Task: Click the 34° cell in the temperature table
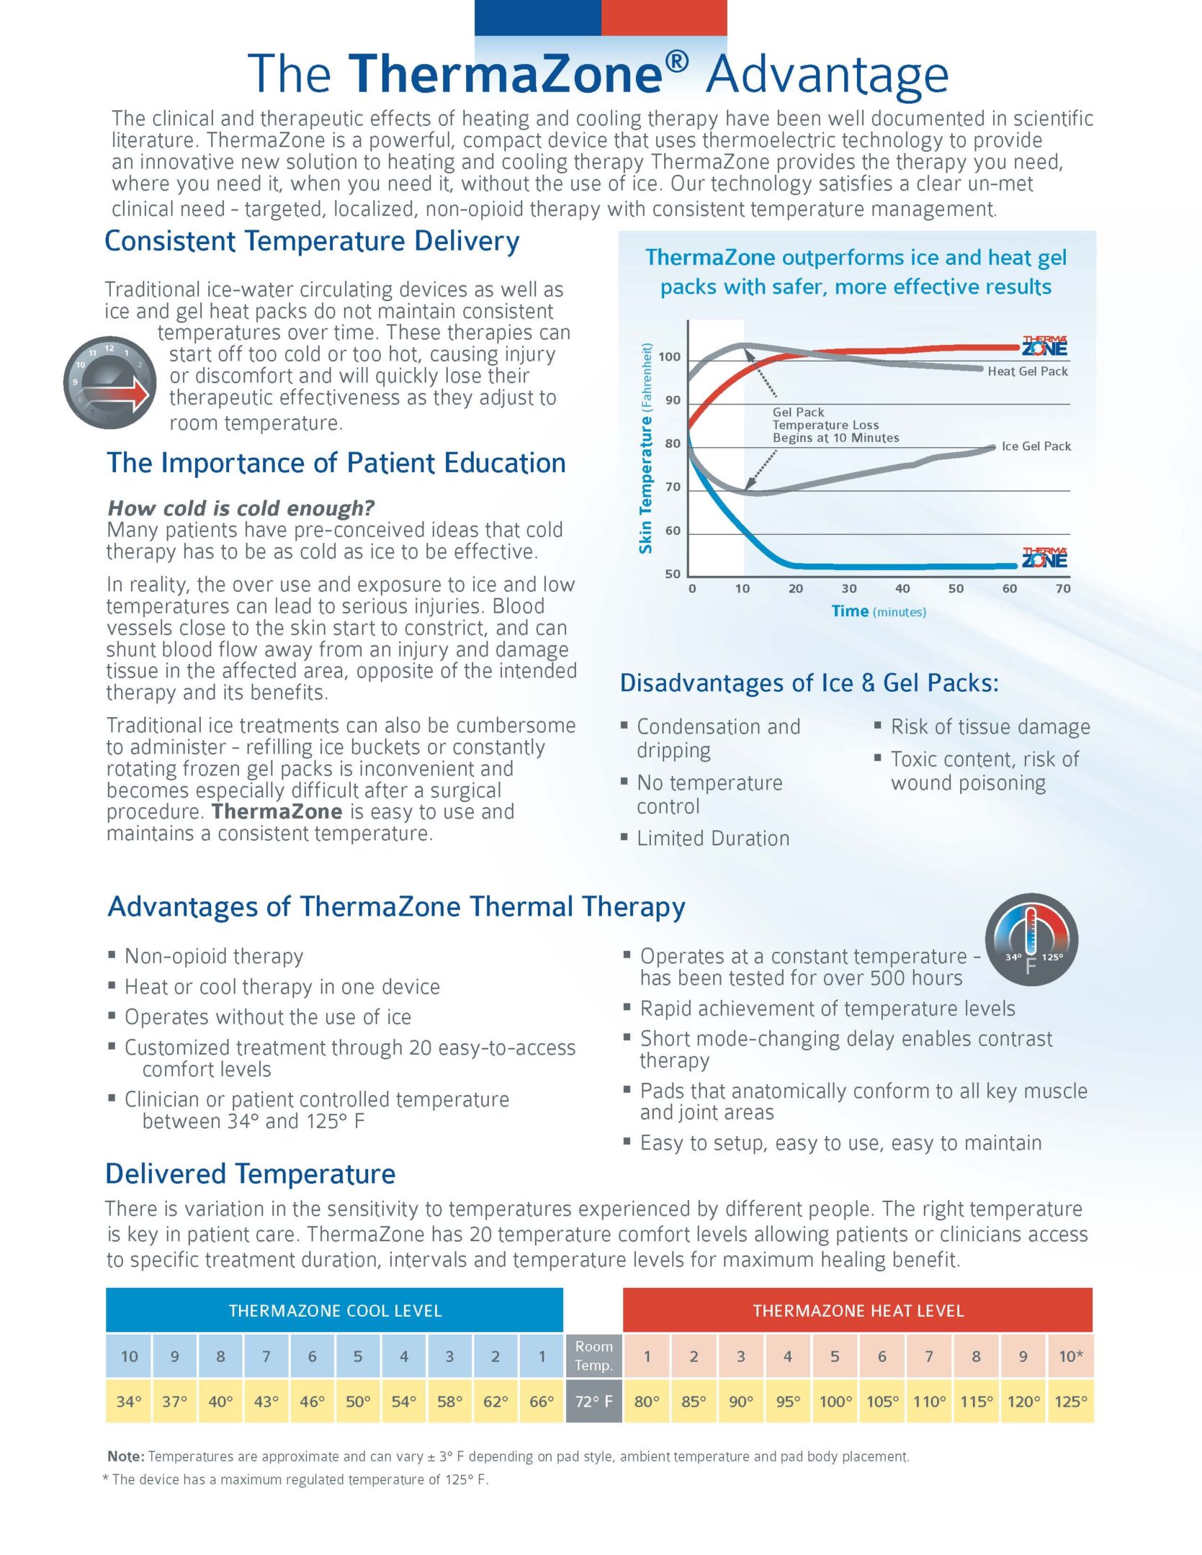(x=129, y=1401)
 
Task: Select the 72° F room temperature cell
(x=594, y=1401)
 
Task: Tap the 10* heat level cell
(x=1071, y=1356)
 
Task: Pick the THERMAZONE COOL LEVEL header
(x=335, y=1310)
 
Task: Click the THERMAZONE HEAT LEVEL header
(x=858, y=1310)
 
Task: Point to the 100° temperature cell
(x=835, y=1401)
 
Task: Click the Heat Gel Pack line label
(x=1028, y=371)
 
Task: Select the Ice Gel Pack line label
(x=1036, y=446)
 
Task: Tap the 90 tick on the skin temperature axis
(x=673, y=400)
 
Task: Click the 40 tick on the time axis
(x=902, y=588)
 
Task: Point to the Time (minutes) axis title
(x=879, y=611)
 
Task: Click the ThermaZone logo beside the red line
(x=1045, y=346)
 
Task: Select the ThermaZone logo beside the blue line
(x=1045, y=557)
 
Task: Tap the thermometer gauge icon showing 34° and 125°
(x=1031, y=940)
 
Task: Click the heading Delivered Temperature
(x=251, y=1173)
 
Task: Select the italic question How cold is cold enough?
(x=241, y=508)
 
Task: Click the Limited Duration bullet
(x=706, y=838)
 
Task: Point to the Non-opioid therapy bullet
(x=206, y=956)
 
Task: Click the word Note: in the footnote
(x=126, y=1456)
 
